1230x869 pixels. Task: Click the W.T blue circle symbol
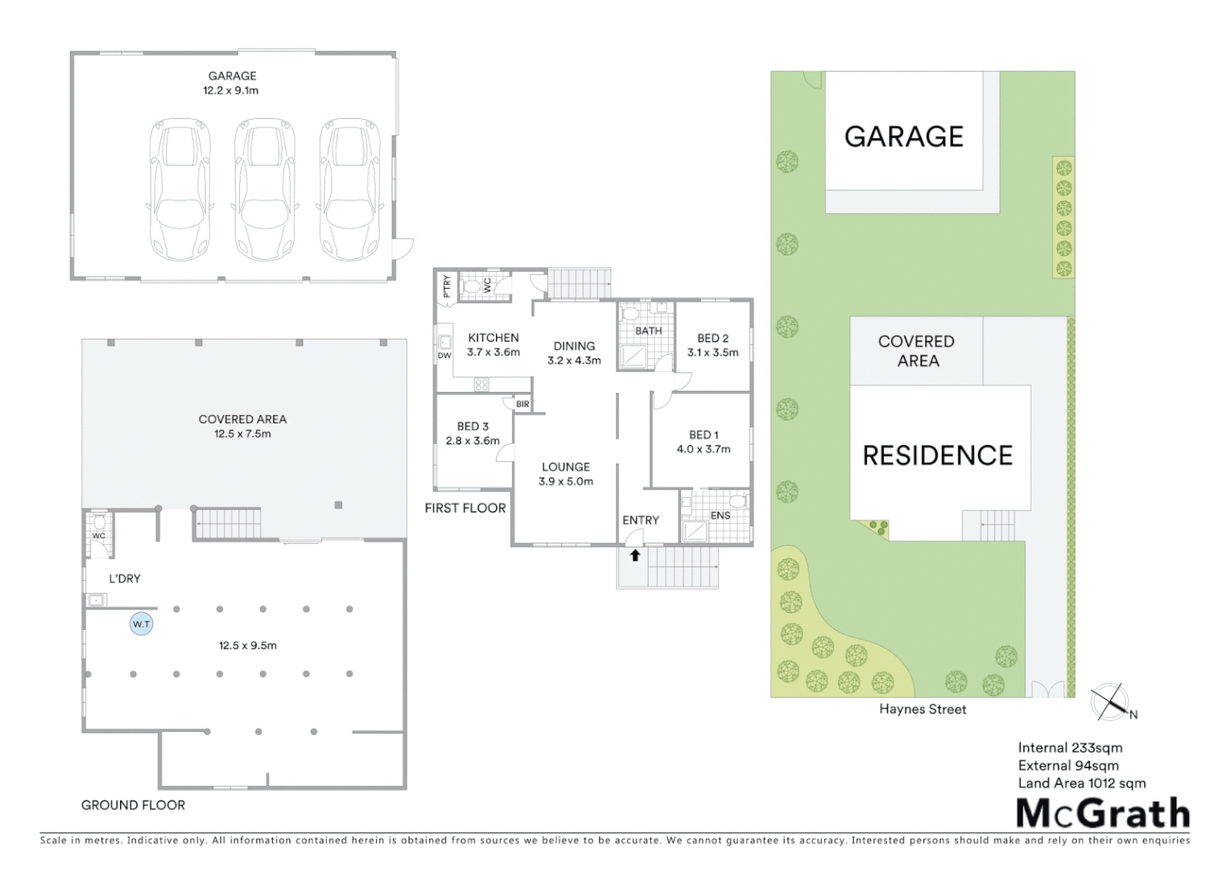[x=142, y=624]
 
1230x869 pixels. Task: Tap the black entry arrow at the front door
[x=635, y=555]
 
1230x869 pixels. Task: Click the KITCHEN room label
[x=493, y=338]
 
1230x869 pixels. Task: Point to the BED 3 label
[x=473, y=426]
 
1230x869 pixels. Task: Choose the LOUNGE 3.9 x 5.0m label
[x=566, y=474]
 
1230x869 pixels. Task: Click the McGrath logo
[x=1103, y=813]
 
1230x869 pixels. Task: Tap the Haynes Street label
[x=922, y=709]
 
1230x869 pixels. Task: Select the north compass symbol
[x=1111, y=702]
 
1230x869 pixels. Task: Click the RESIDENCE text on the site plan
[x=938, y=455]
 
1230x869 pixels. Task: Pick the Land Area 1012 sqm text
[x=1082, y=783]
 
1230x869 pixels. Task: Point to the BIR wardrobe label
[x=523, y=404]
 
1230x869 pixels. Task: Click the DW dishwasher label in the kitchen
[x=444, y=356]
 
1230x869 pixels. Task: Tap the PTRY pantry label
[x=447, y=286]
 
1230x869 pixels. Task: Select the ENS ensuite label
[x=720, y=516]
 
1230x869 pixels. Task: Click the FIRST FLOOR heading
[x=465, y=508]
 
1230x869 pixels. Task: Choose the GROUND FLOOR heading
[x=133, y=805]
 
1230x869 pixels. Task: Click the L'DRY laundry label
[x=125, y=579]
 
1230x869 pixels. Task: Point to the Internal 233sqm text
[x=1070, y=748]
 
